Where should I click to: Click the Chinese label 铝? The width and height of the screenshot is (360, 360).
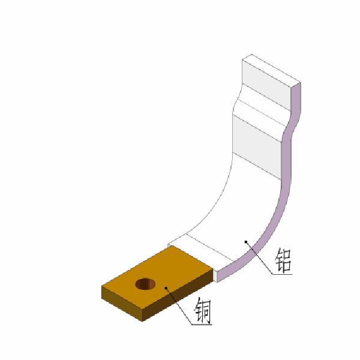(x=283, y=259)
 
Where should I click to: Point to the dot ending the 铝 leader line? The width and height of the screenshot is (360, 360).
(x=245, y=241)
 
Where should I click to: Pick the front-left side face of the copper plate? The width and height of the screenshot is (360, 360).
(x=123, y=303)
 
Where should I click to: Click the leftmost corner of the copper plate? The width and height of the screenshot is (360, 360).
(x=101, y=287)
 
